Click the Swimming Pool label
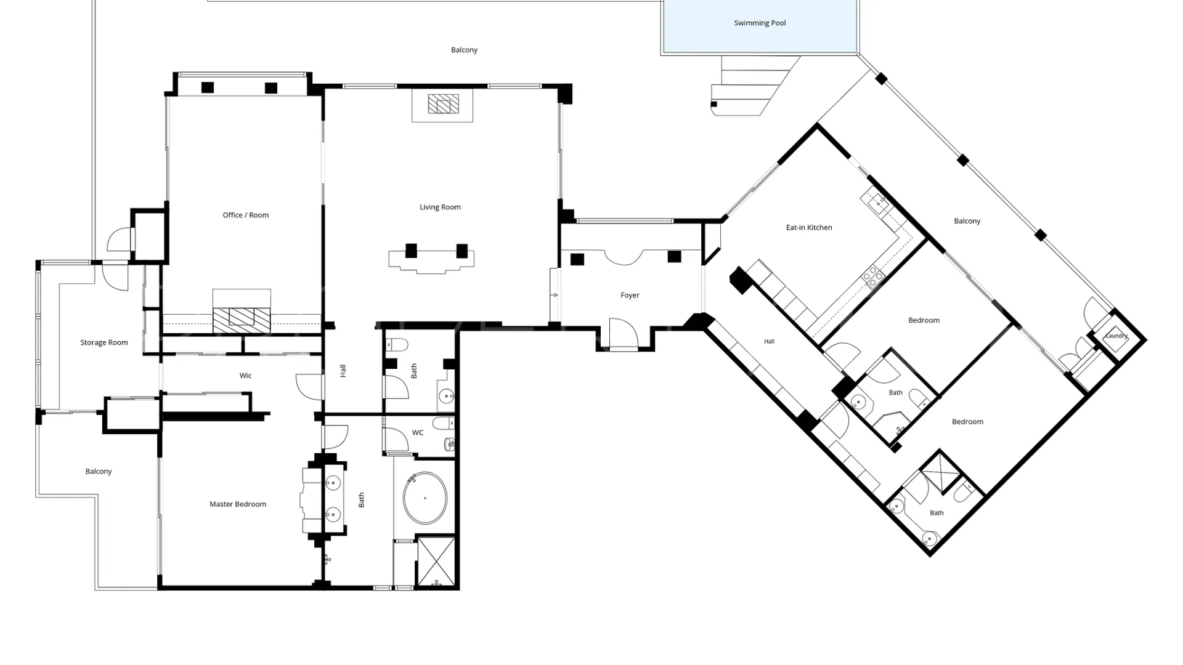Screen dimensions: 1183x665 pos(760,23)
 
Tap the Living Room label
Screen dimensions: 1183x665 pos(440,208)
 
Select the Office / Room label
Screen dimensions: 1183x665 pos(245,216)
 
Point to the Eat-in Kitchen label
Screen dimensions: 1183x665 pos(808,228)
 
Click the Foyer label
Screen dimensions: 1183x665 pos(630,296)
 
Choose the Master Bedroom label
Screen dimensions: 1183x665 pos(237,504)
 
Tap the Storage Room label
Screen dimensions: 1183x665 pos(104,343)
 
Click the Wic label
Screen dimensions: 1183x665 pos(245,376)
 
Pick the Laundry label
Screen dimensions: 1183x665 pos(1116,336)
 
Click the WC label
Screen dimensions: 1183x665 pos(418,433)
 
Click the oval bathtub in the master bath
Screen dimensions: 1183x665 pos(425,498)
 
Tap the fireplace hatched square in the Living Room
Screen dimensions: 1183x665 pos(444,104)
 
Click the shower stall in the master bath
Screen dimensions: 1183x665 pos(437,562)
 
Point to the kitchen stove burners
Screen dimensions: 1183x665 pos(872,276)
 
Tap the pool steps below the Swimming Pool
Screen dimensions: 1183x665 pos(755,86)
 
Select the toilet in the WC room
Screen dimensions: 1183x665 pos(443,423)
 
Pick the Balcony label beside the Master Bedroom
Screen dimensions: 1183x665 pos(99,472)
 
